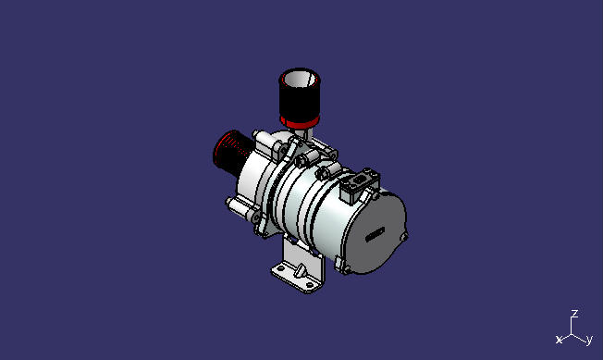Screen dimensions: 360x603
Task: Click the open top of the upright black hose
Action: click(x=299, y=77)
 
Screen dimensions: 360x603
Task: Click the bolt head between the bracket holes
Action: click(x=300, y=270)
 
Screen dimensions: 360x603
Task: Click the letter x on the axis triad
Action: click(x=559, y=340)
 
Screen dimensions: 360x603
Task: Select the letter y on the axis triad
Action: click(x=589, y=340)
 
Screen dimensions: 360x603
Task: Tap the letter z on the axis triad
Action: click(x=574, y=314)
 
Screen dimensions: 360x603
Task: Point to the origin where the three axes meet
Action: click(x=573, y=331)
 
